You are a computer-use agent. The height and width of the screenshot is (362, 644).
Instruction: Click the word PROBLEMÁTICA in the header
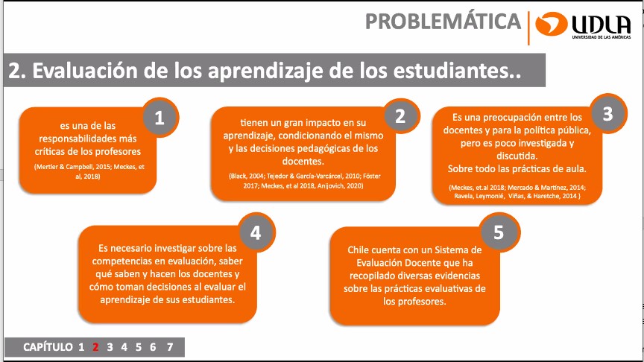[443, 22]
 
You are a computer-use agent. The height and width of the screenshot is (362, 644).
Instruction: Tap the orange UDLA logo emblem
[551, 23]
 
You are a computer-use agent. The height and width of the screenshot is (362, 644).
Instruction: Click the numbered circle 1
[160, 118]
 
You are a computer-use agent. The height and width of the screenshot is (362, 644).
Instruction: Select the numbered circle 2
[400, 116]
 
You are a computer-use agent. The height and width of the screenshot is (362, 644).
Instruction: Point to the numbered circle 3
[608, 114]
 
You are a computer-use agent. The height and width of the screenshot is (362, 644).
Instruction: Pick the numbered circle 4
[256, 233]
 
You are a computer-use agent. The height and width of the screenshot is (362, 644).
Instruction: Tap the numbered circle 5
[499, 232]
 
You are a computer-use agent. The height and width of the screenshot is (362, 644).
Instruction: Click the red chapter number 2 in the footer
[95, 347]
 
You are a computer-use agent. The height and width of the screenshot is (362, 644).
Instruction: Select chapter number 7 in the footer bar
[170, 347]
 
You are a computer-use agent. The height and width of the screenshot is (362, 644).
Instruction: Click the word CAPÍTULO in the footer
[48, 347]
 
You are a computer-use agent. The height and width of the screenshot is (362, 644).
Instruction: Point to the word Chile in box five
[358, 250]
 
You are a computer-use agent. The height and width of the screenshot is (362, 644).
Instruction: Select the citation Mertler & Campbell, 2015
[73, 167]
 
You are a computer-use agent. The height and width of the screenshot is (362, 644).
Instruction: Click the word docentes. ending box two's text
[303, 162]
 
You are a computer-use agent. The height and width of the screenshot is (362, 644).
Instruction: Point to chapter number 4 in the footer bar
[124, 347]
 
